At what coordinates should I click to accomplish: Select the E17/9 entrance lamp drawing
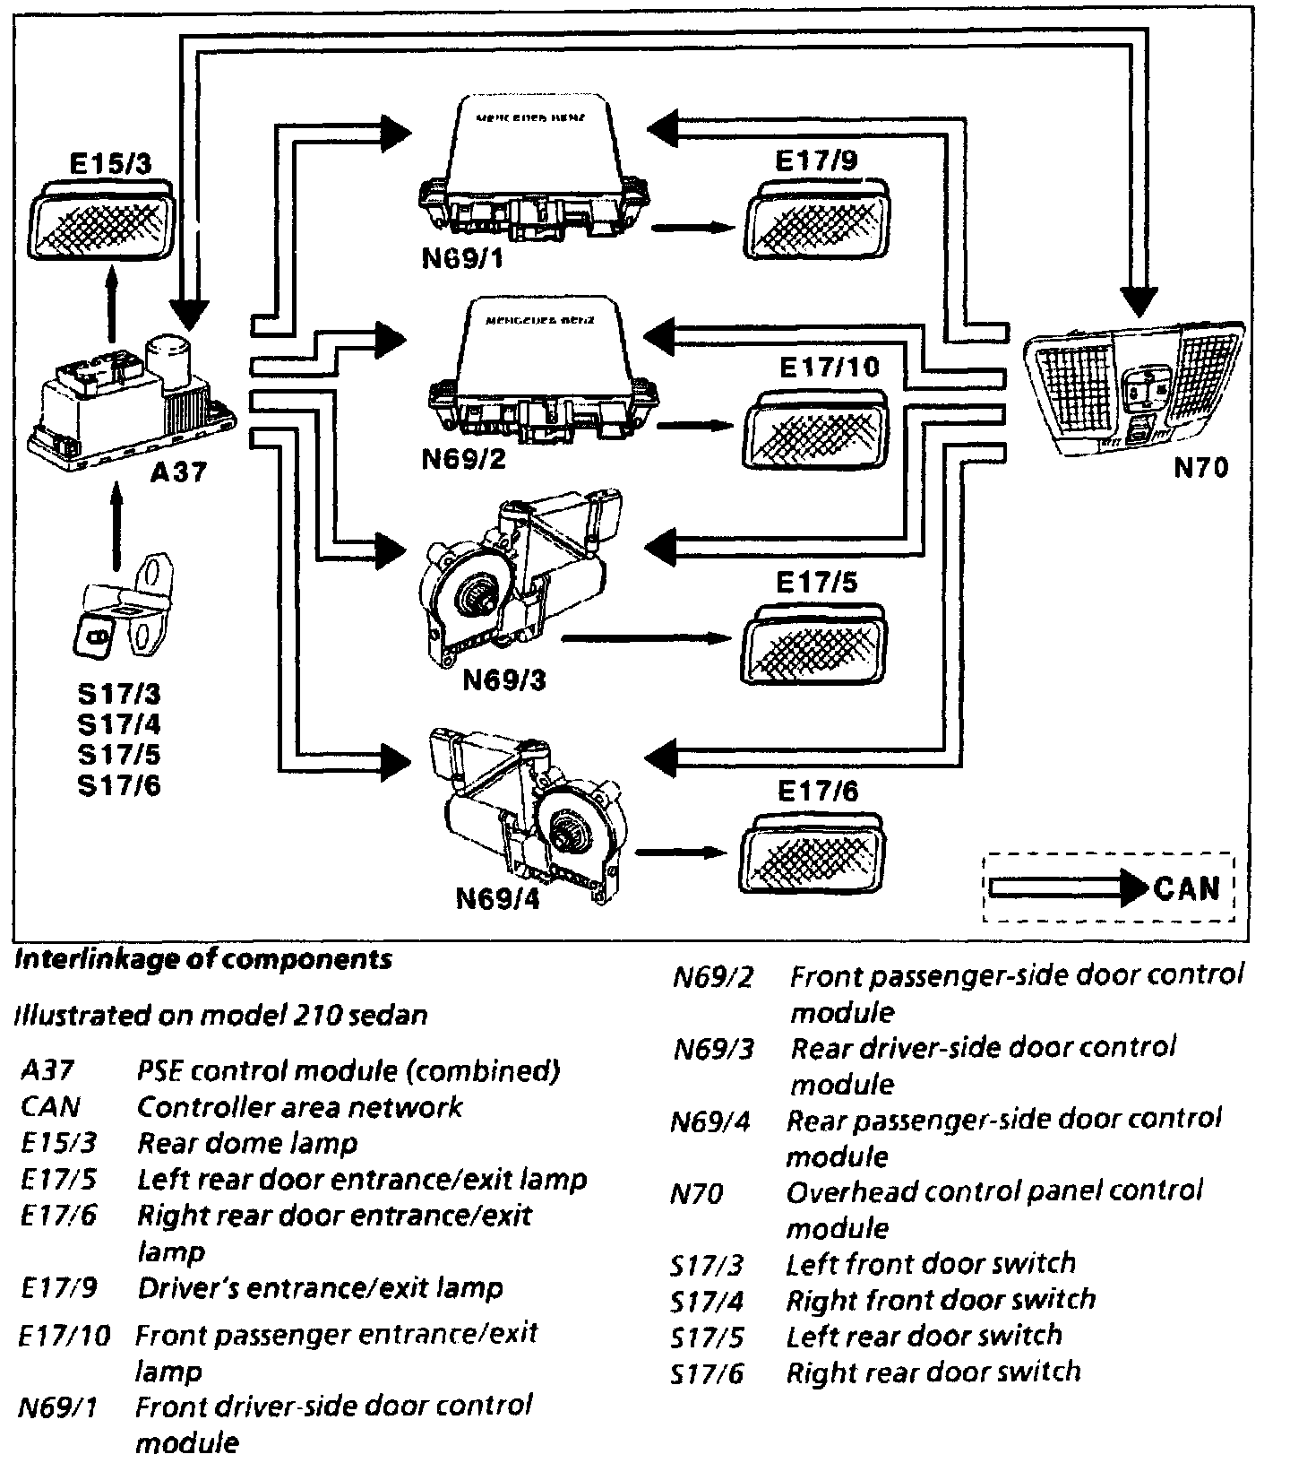click(x=815, y=220)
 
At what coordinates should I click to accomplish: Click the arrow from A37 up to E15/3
click(x=111, y=305)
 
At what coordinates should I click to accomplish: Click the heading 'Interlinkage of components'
click(x=204, y=959)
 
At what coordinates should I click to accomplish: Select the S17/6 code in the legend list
click(x=707, y=1372)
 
